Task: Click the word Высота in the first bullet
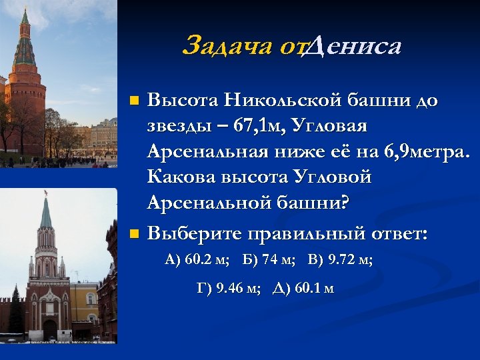tap(184, 101)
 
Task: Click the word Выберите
tap(193, 233)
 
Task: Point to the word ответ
tap(398, 233)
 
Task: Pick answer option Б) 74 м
tap(269, 260)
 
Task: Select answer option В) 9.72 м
tap(341, 260)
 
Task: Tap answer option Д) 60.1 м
tap(303, 289)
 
